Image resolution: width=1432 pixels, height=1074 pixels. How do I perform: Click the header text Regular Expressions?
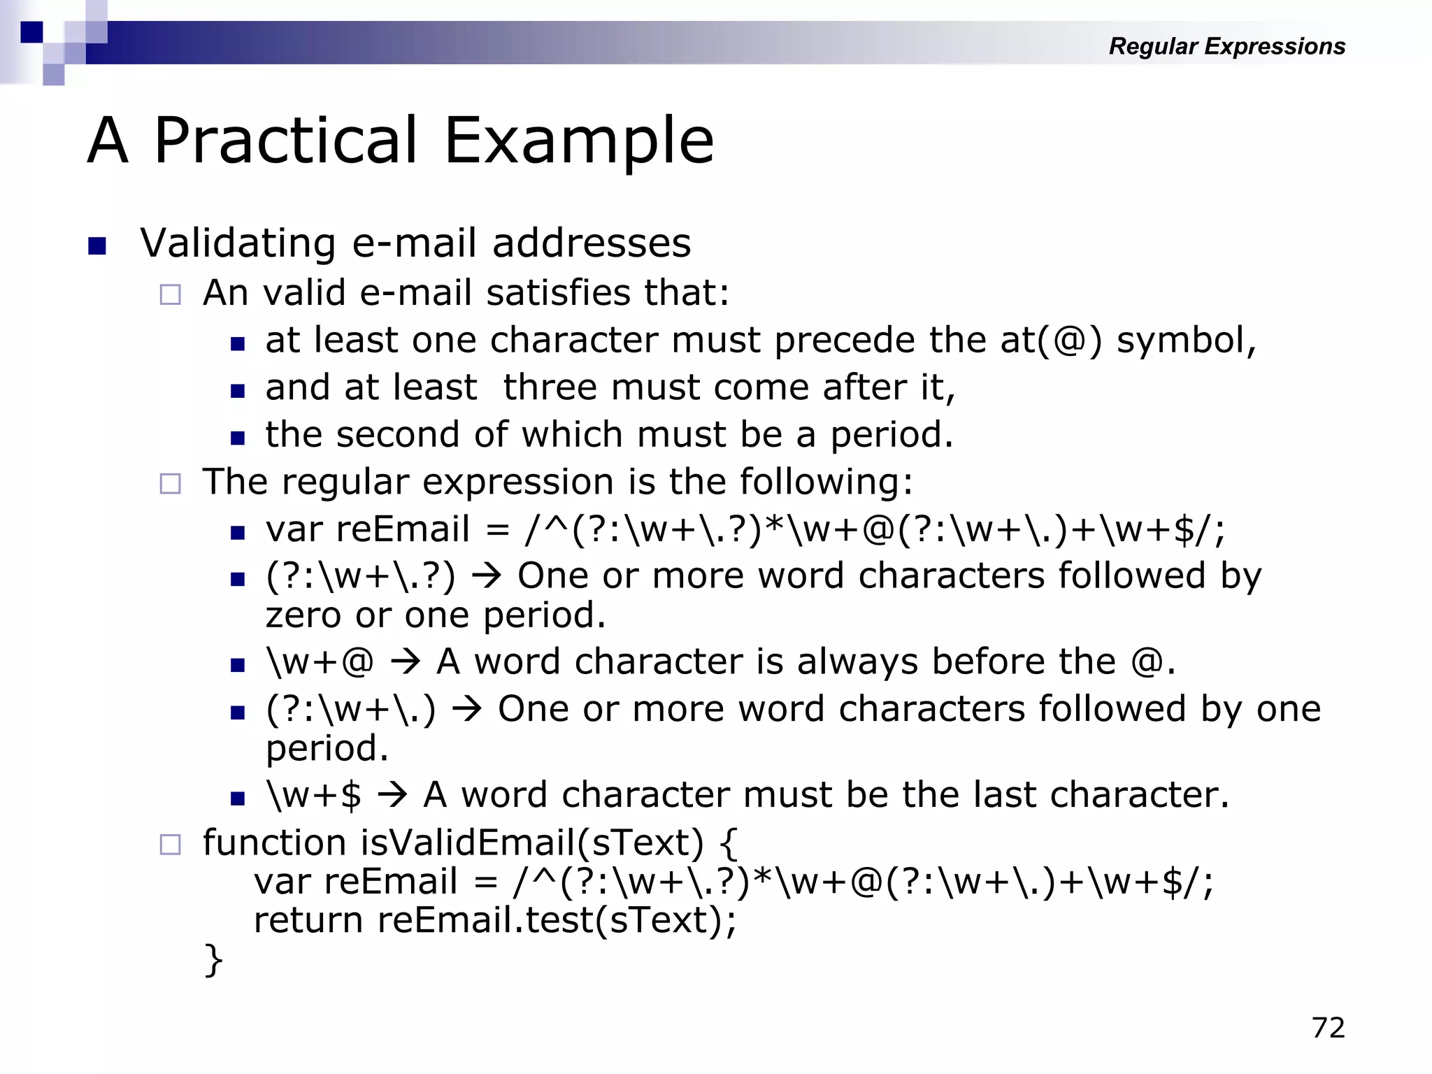point(1226,46)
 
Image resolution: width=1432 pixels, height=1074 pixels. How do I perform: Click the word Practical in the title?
point(285,141)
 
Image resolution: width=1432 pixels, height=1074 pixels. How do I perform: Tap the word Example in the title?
point(579,141)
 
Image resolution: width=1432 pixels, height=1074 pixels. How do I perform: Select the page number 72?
point(1329,1027)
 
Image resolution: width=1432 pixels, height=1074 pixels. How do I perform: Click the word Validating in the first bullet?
point(238,243)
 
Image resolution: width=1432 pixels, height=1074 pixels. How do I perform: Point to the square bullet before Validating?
point(97,246)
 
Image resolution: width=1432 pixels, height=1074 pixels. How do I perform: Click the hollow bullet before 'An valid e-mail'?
point(170,294)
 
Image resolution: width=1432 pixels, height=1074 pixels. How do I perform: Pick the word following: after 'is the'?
point(826,482)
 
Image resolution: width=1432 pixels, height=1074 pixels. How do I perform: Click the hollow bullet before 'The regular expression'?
point(170,483)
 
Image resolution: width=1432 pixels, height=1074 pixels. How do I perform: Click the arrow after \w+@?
point(406,661)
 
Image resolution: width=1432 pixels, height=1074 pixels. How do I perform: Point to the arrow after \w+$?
point(392,795)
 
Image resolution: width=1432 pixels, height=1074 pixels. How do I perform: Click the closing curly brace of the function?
point(213,959)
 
